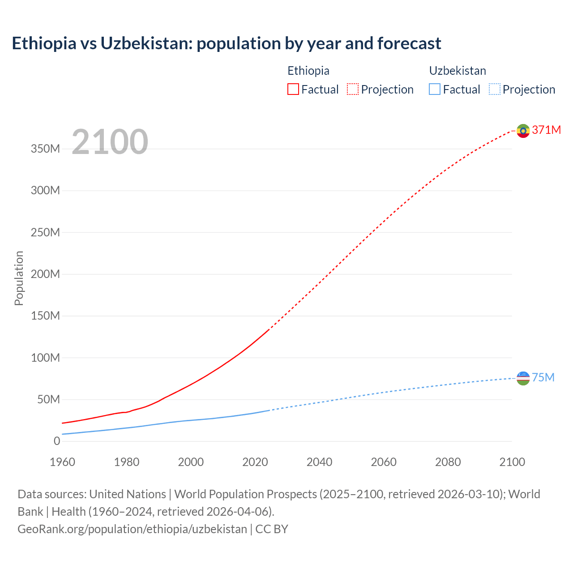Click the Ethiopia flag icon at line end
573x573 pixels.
(523, 131)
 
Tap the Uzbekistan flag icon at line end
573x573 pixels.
(523, 378)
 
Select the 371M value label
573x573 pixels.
(546, 130)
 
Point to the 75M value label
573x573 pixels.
(543, 377)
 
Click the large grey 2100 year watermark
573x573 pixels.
(110, 142)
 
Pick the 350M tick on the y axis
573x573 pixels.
(45, 149)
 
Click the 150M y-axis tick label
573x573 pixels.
(45, 316)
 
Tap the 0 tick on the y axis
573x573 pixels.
(57, 441)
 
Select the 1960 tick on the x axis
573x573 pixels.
(63, 462)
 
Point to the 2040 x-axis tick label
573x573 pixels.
(319, 462)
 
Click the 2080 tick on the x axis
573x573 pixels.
(448, 462)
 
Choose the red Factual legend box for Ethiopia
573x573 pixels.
(293, 89)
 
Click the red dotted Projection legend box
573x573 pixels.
(353, 89)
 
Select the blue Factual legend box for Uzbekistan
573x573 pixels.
(434, 89)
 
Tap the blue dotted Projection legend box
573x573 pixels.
(494, 89)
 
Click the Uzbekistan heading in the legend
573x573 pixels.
(457, 71)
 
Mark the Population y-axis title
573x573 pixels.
(19, 278)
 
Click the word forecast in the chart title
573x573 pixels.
(409, 43)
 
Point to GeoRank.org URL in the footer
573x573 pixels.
(132, 529)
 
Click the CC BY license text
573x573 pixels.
(272, 529)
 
